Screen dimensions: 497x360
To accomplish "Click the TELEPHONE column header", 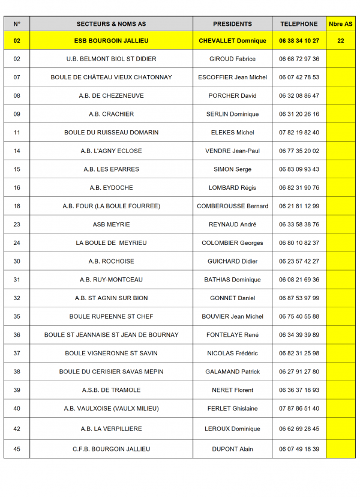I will click(x=298, y=24).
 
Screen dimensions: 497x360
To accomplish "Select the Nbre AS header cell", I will click(x=341, y=24).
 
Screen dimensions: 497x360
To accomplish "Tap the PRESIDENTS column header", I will click(x=232, y=24).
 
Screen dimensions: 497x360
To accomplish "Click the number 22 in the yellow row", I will click(x=341, y=41).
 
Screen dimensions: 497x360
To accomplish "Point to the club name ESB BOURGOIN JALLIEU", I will click(x=111, y=41).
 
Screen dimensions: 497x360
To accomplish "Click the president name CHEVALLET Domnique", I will click(x=232, y=41).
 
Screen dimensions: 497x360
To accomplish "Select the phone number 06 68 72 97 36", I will click(x=299, y=59).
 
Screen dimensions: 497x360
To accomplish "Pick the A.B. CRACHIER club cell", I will click(x=111, y=114).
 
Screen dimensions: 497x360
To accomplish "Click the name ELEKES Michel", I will click(x=232, y=132).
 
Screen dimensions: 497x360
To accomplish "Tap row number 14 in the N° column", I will click(x=17, y=151).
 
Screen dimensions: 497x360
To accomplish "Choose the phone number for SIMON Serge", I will click(x=299, y=169).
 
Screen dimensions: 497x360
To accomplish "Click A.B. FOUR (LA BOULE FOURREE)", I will click(x=111, y=206).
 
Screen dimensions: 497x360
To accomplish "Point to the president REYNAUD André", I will click(x=232, y=224).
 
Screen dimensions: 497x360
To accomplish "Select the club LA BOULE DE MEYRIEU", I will click(x=111, y=242).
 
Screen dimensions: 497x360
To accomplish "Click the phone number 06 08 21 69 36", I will click(x=299, y=280).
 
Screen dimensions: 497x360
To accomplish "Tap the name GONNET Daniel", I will click(x=232, y=298).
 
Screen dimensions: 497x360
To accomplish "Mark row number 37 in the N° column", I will click(x=17, y=353).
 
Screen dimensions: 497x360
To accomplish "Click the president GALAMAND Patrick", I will click(x=232, y=372).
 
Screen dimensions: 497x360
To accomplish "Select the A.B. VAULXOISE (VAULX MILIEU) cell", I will click(x=111, y=408).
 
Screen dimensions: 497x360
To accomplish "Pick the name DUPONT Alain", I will click(x=232, y=449).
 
